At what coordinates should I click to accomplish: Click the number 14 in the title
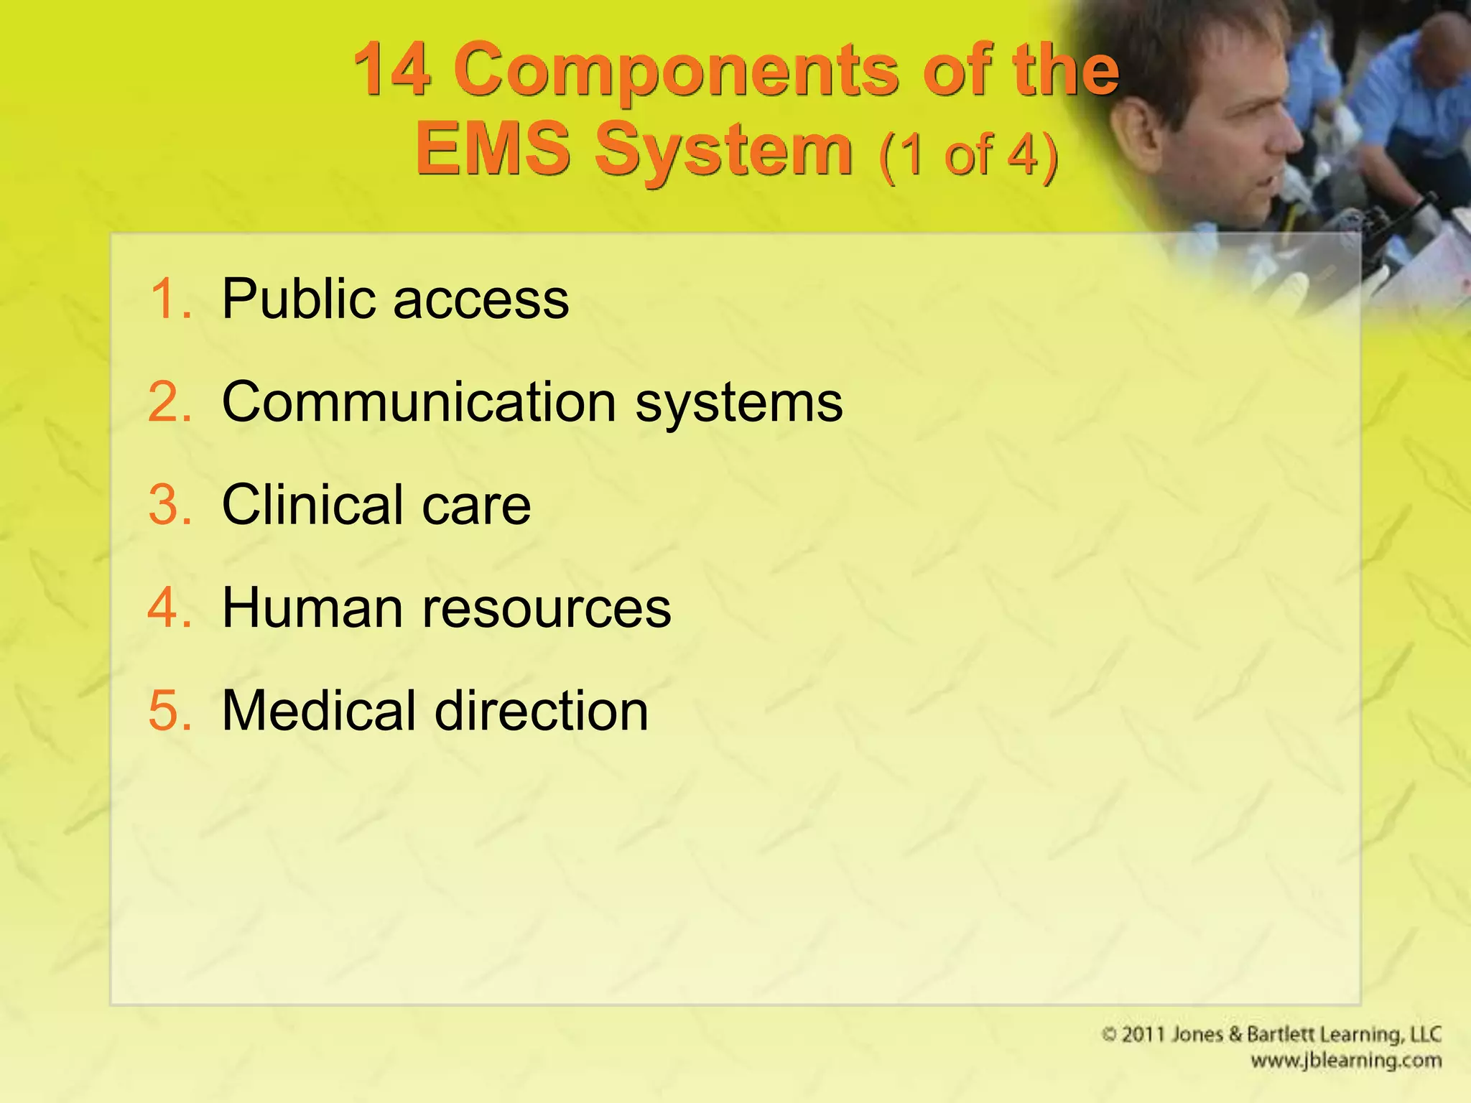click(x=393, y=70)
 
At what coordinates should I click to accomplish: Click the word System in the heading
click(x=723, y=151)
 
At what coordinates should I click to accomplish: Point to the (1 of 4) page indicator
click(x=967, y=154)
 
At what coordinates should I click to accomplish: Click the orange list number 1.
click(x=170, y=299)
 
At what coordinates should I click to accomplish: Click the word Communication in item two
click(x=419, y=402)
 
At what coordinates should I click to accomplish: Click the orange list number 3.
click(x=170, y=505)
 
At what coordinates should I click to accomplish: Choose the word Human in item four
click(x=312, y=608)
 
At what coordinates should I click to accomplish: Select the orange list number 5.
click(x=170, y=711)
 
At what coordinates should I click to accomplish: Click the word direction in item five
click(x=542, y=711)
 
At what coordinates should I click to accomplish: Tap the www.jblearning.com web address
click(x=1345, y=1061)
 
